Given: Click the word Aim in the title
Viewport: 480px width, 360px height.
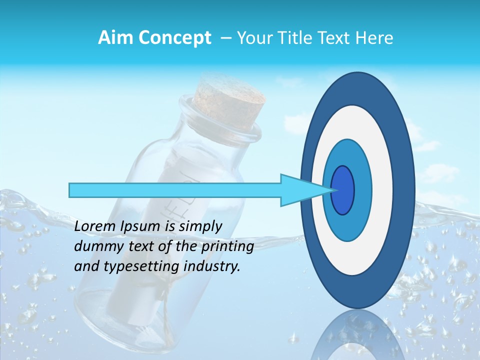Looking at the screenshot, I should tap(116, 38).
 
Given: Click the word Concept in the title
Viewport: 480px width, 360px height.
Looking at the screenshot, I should tap(174, 38).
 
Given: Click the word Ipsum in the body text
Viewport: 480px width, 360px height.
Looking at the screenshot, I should tap(140, 227).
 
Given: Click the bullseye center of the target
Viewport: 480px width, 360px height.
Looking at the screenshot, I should tap(343, 190).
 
